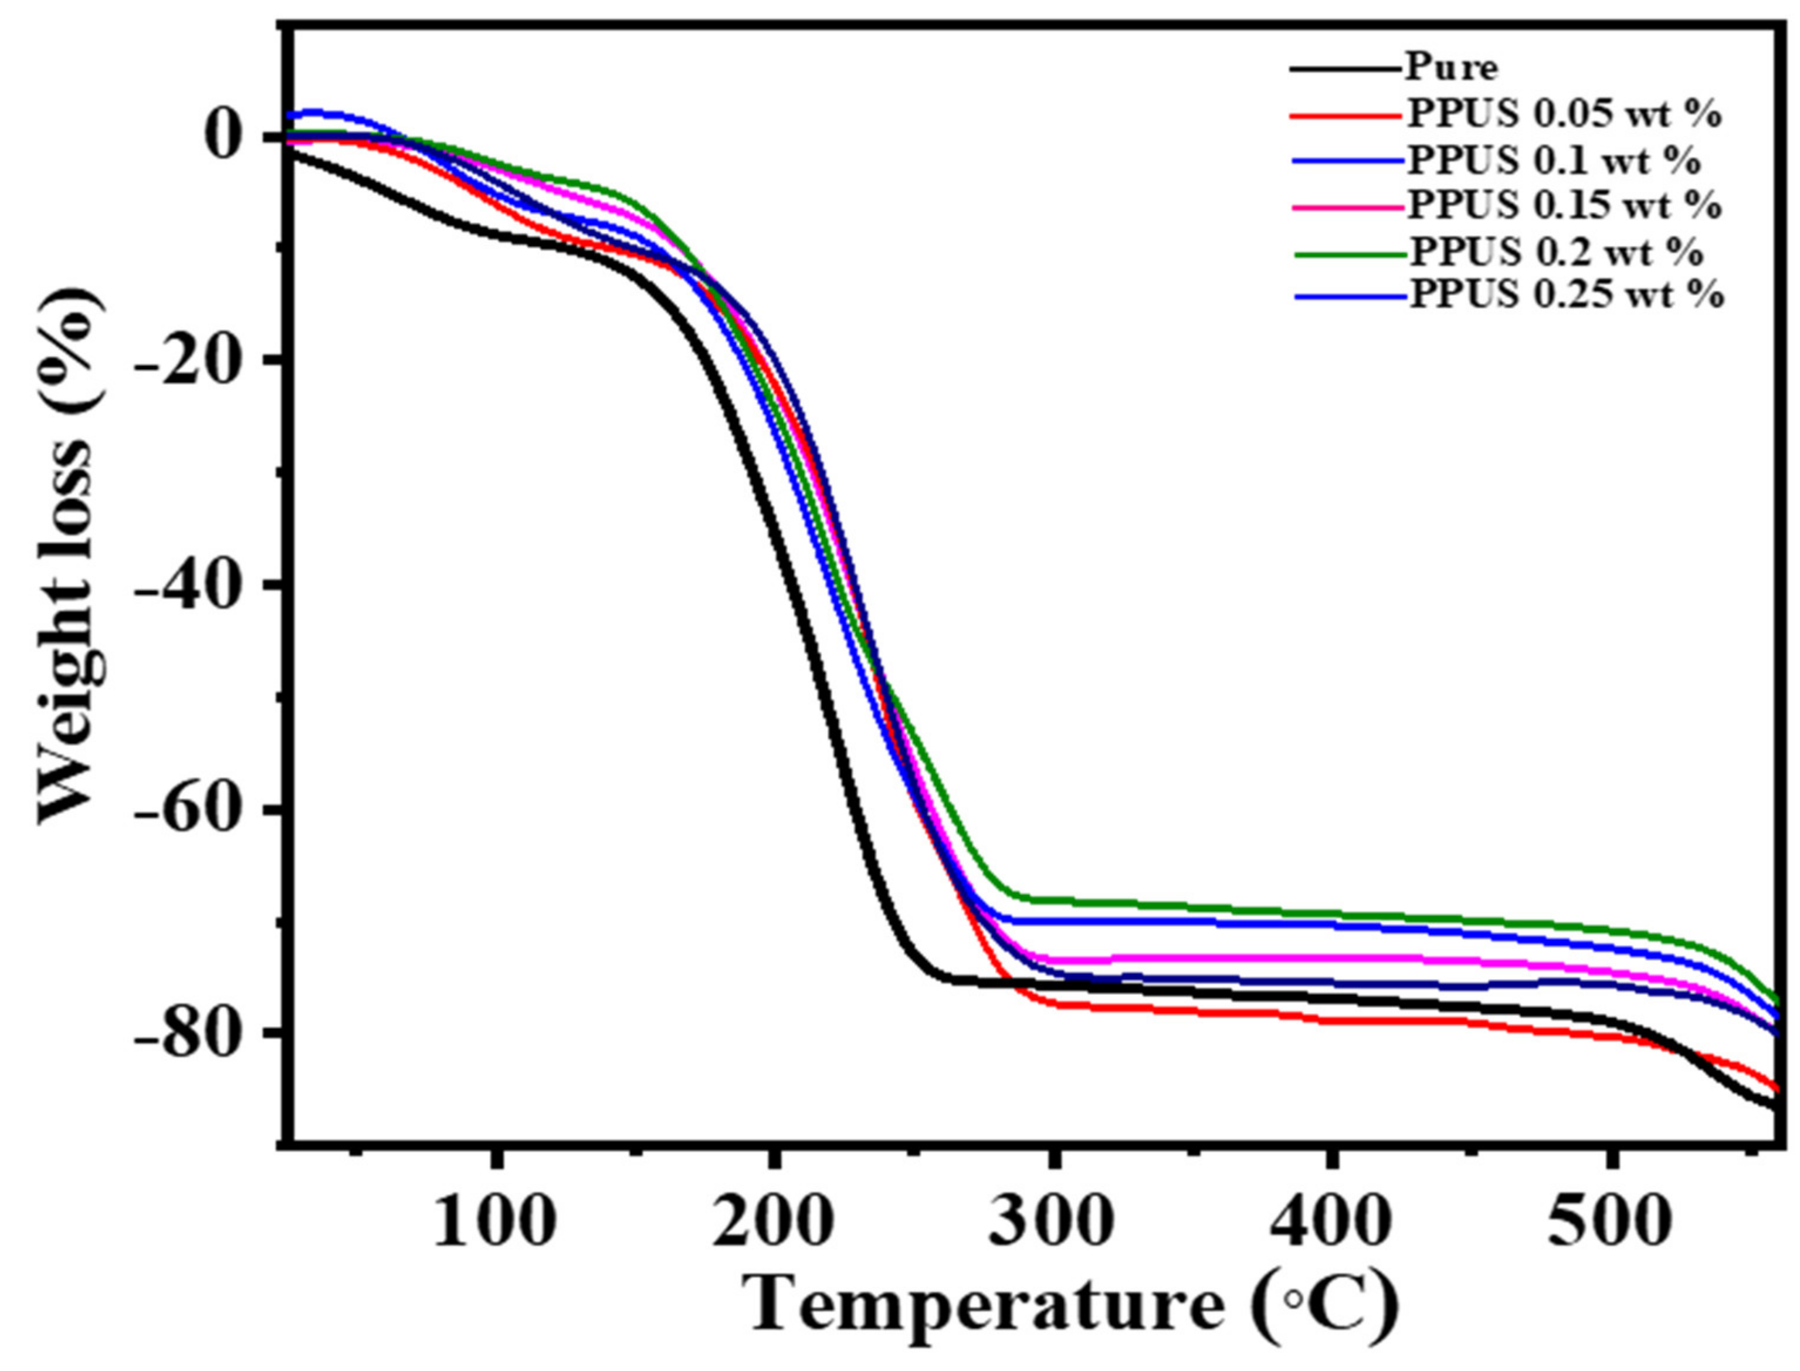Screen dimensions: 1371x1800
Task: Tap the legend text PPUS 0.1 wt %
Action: tap(1554, 161)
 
